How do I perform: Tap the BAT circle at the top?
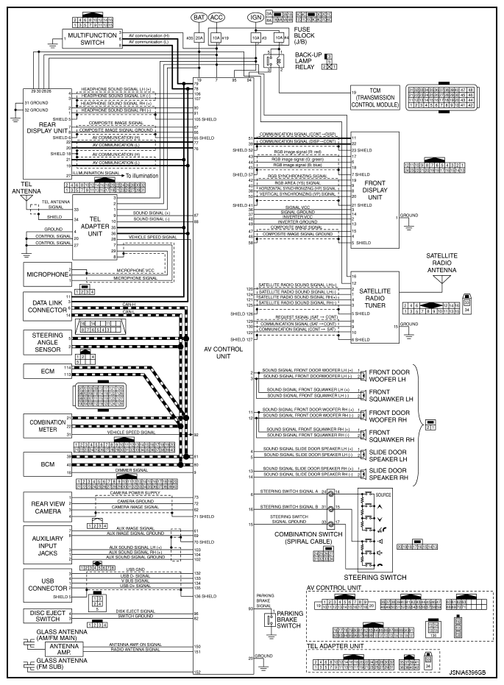199,17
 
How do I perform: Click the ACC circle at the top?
217,17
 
